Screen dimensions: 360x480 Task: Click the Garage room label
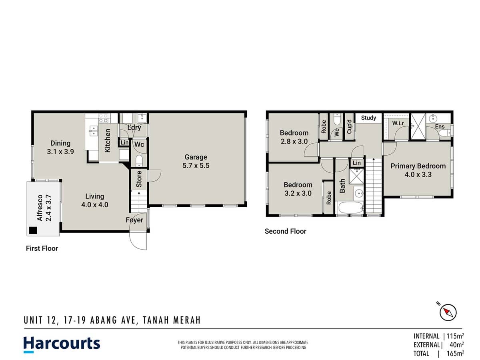click(196, 161)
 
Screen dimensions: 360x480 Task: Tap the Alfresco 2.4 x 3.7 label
click(44, 208)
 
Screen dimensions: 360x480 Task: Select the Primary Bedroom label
click(418, 170)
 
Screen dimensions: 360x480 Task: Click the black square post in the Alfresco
click(32, 230)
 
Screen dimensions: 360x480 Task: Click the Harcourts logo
click(62, 344)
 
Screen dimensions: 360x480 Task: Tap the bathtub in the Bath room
click(350, 208)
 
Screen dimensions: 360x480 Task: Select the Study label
click(368, 118)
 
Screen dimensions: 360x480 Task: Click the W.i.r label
click(398, 123)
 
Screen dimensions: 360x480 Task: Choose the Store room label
click(139, 180)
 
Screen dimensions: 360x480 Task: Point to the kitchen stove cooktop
click(103, 118)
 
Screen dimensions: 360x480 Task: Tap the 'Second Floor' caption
click(285, 231)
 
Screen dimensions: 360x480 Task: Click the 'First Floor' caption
click(42, 248)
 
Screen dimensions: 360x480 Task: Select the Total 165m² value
click(455, 353)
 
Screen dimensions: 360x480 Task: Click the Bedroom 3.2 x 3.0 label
click(298, 189)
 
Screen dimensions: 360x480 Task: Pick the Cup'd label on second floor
click(349, 127)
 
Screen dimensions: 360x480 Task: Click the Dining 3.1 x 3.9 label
click(60, 147)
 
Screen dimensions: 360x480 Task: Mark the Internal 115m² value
click(455, 336)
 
